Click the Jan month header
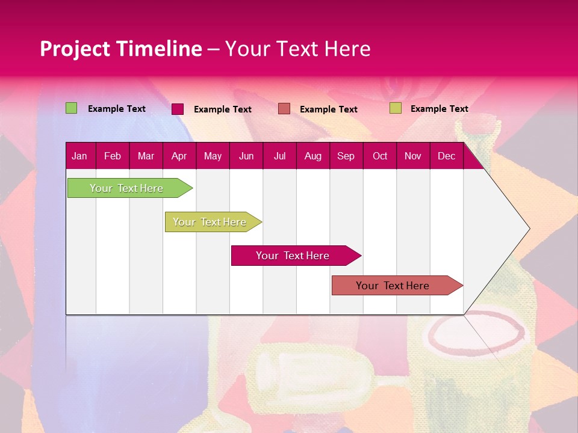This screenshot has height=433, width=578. [x=79, y=156]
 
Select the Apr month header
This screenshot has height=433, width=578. [x=179, y=156]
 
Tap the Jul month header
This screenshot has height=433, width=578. [x=279, y=156]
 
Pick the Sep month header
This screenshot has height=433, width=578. [x=346, y=156]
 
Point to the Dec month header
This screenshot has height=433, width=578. [x=446, y=156]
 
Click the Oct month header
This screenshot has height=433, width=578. [x=380, y=156]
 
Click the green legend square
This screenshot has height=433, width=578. [x=71, y=108]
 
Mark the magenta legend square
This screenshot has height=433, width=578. [x=178, y=109]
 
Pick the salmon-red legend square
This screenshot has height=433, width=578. [x=284, y=109]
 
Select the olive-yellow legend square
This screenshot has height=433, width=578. [x=395, y=108]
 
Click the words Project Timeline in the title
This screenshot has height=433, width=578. [x=120, y=49]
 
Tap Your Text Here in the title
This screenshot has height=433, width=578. [x=297, y=49]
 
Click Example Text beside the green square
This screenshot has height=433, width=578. [x=117, y=109]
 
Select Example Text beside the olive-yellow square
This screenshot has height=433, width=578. [x=440, y=109]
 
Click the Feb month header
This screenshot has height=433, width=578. [x=113, y=156]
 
